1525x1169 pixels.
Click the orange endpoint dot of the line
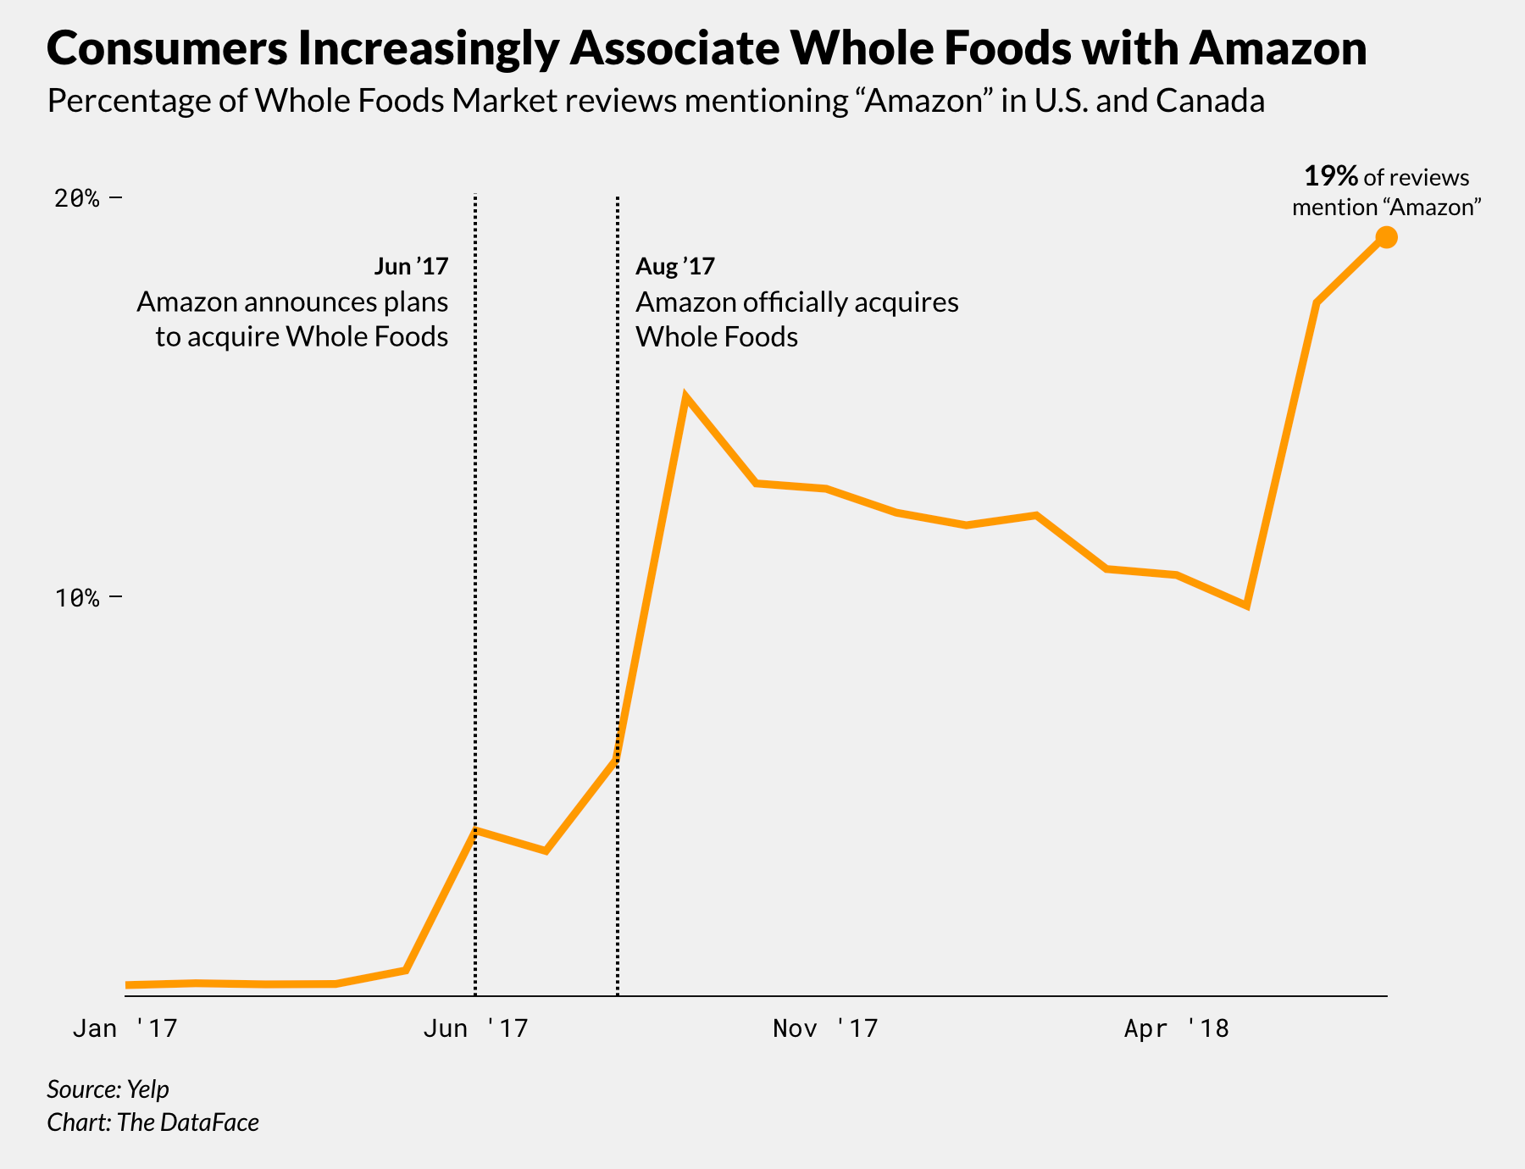(x=1386, y=238)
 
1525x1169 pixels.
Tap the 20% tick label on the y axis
(x=77, y=198)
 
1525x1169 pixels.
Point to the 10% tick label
(x=77, y=598)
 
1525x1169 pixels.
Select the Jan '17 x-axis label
(x=125, y=1029)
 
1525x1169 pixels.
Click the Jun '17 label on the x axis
(x=475, y=1029)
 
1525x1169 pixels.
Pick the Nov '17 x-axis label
(x=825, y=1029)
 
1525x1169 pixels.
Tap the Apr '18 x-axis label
(x=1176, y=1029)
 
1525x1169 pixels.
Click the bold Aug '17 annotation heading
(x=675, y=267)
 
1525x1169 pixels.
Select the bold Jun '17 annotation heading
(x=411, y=267)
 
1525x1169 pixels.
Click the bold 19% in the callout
(x=1331, y=177)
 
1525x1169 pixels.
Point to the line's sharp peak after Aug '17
(x=685, y=397)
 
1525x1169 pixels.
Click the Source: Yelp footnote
(x=108, y=1089)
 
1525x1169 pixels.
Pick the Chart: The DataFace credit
(x=152, y=1122)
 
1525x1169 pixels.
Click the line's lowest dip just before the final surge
(x=1245, y=605)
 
